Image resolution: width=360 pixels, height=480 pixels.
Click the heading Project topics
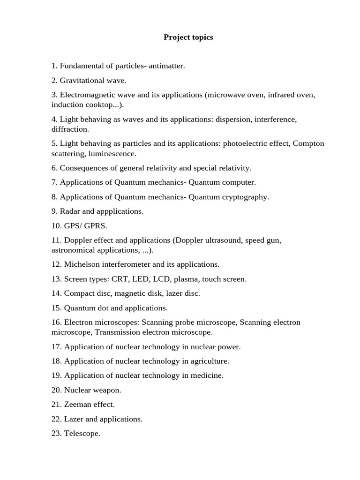[x=188, y=37]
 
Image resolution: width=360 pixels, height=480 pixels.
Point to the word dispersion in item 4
[x=233, y=119]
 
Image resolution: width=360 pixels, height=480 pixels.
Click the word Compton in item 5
[x=308, y=143]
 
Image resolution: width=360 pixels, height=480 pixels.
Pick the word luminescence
[x=112, y=153]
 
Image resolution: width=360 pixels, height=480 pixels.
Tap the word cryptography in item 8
[x=245, y=196]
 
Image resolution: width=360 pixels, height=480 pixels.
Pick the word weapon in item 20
[x=105, y=390]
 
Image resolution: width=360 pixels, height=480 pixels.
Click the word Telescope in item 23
[x=82, y=433]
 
